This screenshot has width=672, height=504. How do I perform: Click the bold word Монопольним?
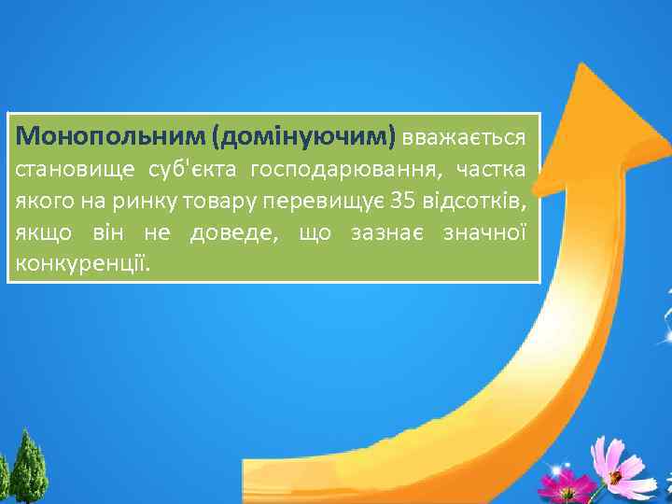(111, 137)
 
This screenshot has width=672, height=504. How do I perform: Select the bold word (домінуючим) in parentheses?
(304, 137)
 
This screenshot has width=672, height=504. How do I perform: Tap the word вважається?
(464, 137)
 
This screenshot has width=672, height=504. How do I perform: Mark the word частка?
(496, 170)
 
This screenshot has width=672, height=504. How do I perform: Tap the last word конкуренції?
(82, 265)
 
